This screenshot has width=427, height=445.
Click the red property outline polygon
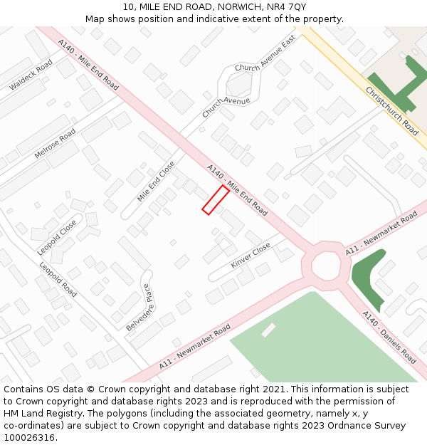[x=215, y=199]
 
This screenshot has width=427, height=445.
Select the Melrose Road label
[x=55, y=144]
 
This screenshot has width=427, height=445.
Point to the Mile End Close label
[x=156, y=181]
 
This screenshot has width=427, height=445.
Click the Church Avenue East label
[x=265, y=54]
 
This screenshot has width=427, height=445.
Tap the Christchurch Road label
[x=391, y=111]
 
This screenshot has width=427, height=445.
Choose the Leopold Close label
[x=57, y=237]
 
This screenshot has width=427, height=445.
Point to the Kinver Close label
[x=251, y=255]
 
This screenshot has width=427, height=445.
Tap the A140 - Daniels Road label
[x=389, y=337]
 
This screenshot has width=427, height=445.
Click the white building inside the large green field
[x=268, y=330]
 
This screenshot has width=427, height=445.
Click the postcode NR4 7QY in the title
[x=288, y=6]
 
